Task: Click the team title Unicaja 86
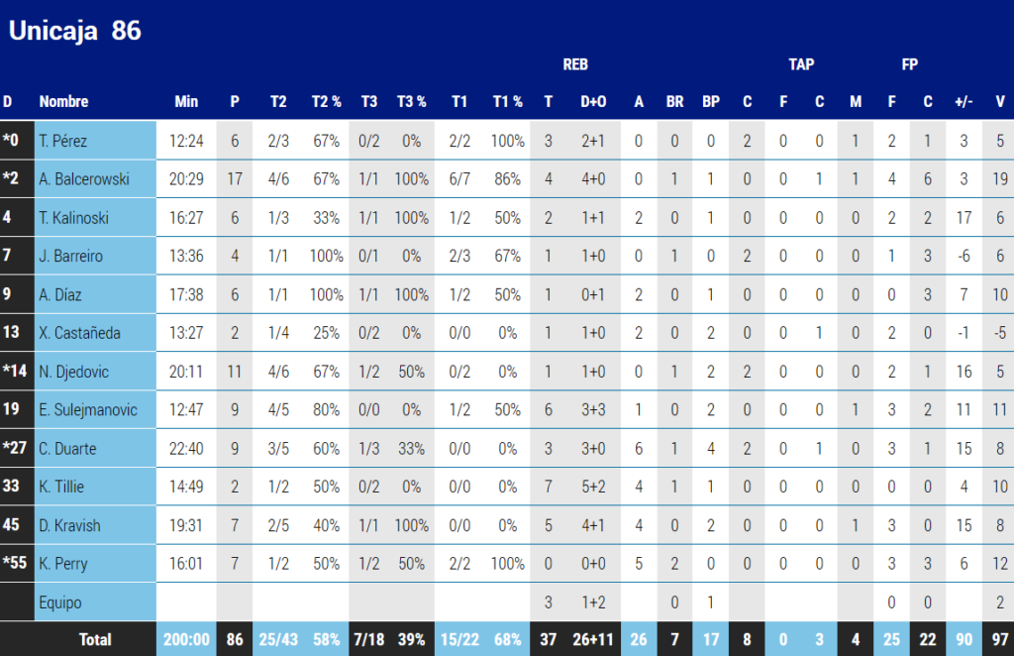point(75,31)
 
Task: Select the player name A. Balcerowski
point(84,179)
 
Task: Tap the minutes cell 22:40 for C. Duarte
point(186,448)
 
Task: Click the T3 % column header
point(411,101)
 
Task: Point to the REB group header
point(575,64)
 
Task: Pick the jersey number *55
point(15,564)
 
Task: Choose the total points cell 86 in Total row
point(235,640)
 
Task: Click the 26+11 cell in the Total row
point(593,640)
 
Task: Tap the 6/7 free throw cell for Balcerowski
point(459,179)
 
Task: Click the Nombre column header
point(63,101)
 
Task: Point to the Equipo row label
point(59,601)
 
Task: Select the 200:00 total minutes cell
point(186,640)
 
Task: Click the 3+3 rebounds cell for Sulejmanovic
point(593,409)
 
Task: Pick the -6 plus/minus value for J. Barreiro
point(964,256)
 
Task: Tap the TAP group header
point(801,64)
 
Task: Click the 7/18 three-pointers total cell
point(368,640)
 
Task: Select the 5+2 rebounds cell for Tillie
point(593,487)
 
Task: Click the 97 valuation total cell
point(999,640)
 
